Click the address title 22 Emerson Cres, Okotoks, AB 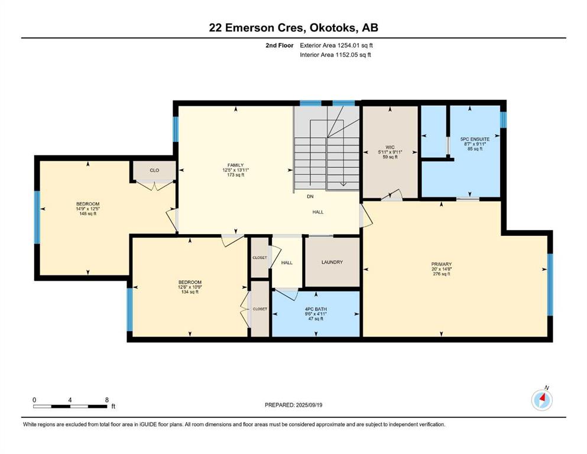[x=293, y=28]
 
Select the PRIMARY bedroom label [x=442, y=264]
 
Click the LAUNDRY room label [x=332, y=262]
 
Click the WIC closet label [x=390, y=147]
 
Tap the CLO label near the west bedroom [x=154, y=170]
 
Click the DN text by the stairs [x=310, y=197]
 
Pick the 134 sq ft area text [x=190, y=291]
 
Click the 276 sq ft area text [x=442, y=274]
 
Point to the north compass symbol [x=542, y=400]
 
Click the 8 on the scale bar [x=106, y=400]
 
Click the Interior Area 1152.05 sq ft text [x=336, y=55]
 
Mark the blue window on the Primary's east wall [x=549, y=284]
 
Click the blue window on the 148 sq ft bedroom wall [x=37, y=217]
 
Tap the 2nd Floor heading [x=279, y=45]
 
